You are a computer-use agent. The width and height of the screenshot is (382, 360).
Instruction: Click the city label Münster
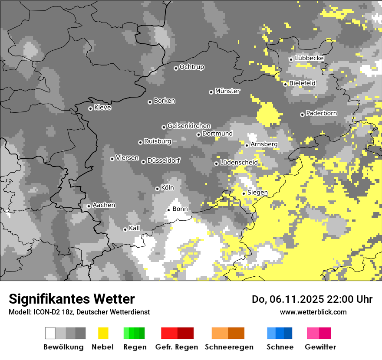coord(227,91)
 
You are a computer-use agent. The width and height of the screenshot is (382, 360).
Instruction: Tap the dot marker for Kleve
coord(90,108)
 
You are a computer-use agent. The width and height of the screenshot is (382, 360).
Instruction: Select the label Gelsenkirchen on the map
coord(189,126)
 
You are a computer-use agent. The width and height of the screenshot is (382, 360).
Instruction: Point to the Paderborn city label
coord(321,113)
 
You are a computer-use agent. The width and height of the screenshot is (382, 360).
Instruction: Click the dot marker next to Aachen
coord(89,206)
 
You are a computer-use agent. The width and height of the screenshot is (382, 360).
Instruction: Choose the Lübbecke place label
coord(309,58)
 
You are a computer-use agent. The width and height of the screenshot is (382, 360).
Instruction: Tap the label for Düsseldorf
coord(164,160)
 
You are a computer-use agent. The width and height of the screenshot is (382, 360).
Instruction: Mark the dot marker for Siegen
coord(244,193)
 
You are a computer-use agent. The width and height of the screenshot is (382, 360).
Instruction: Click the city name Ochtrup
coord(192,67)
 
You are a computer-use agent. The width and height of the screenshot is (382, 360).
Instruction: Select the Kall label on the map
coord(135,228)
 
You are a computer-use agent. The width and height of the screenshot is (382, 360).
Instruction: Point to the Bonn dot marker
coord(168,210)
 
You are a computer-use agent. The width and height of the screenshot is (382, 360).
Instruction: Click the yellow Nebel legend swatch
coord(103,333)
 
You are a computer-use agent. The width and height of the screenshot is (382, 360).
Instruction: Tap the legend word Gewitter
coord(320,347)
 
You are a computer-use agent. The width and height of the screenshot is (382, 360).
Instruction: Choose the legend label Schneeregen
coord(229,347)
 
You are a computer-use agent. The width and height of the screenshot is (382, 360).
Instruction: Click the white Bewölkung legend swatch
coord(50,333)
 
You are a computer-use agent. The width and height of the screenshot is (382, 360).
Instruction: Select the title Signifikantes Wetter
coord(72,299)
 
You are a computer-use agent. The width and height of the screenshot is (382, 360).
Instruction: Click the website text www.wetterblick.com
coord(313,312)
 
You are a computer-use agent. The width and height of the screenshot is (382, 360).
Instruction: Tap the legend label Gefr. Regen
coord(177,347)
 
